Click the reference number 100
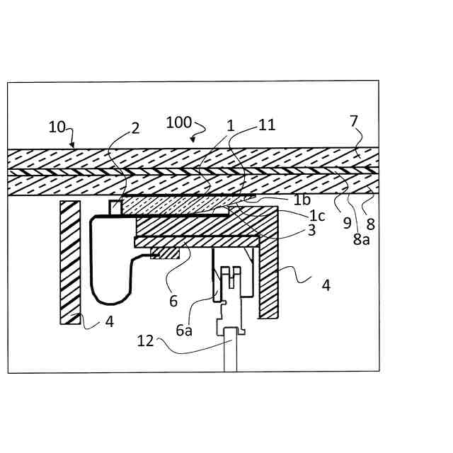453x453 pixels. click(x=178, y=122)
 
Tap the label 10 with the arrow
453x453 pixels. click(x=57, y=127)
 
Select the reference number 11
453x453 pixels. click(x=267, y=125)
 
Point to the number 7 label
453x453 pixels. click(x=354, y=122)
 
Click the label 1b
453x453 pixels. click(x=302, y=200)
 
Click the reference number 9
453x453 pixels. click(x=347, y=223)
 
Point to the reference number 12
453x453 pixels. click(x=145, y=341)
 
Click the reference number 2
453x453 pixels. click(x=135, y=128)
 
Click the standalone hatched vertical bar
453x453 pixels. click(x=69, y=262)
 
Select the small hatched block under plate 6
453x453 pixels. click(x=164, y=253)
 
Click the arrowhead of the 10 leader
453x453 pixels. click(x=72, y=146)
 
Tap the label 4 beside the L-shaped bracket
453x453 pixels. click(x=326, y=285)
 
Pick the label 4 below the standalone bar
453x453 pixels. click(x=109, y=321)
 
